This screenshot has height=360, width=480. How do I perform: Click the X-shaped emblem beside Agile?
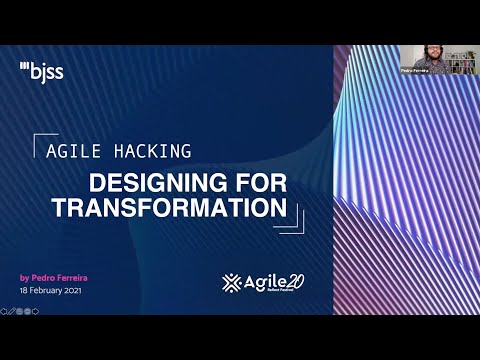[232, 282]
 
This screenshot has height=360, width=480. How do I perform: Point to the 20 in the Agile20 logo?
[293, 280]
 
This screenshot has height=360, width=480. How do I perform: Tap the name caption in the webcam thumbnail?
[413, 72]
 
